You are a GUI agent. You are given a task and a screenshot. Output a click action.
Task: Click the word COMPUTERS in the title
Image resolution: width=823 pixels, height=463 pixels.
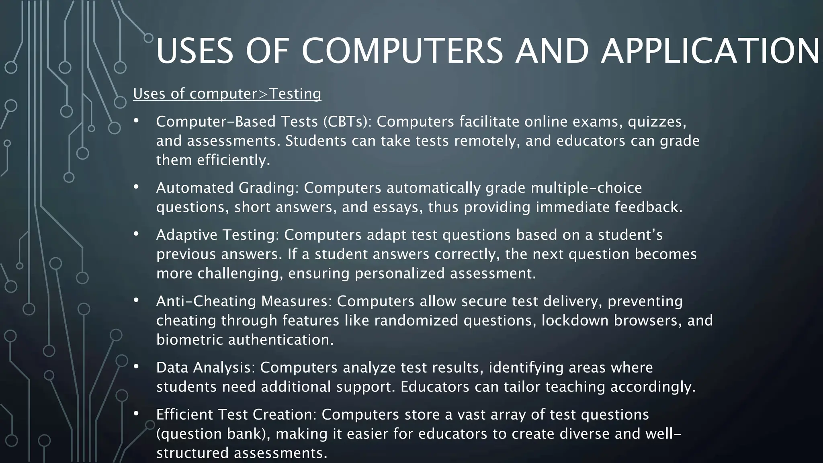coord(402,51)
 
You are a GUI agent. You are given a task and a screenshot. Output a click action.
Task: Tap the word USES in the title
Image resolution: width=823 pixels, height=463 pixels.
coord(194,51)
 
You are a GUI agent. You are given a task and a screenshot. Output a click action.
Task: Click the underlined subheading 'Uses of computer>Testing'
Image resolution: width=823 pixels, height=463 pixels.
coord(227,94)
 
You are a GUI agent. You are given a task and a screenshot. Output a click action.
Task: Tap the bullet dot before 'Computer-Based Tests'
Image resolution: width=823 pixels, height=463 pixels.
coord(136,120)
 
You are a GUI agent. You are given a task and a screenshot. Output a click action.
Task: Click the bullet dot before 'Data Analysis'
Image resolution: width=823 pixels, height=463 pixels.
coord(136,366)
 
